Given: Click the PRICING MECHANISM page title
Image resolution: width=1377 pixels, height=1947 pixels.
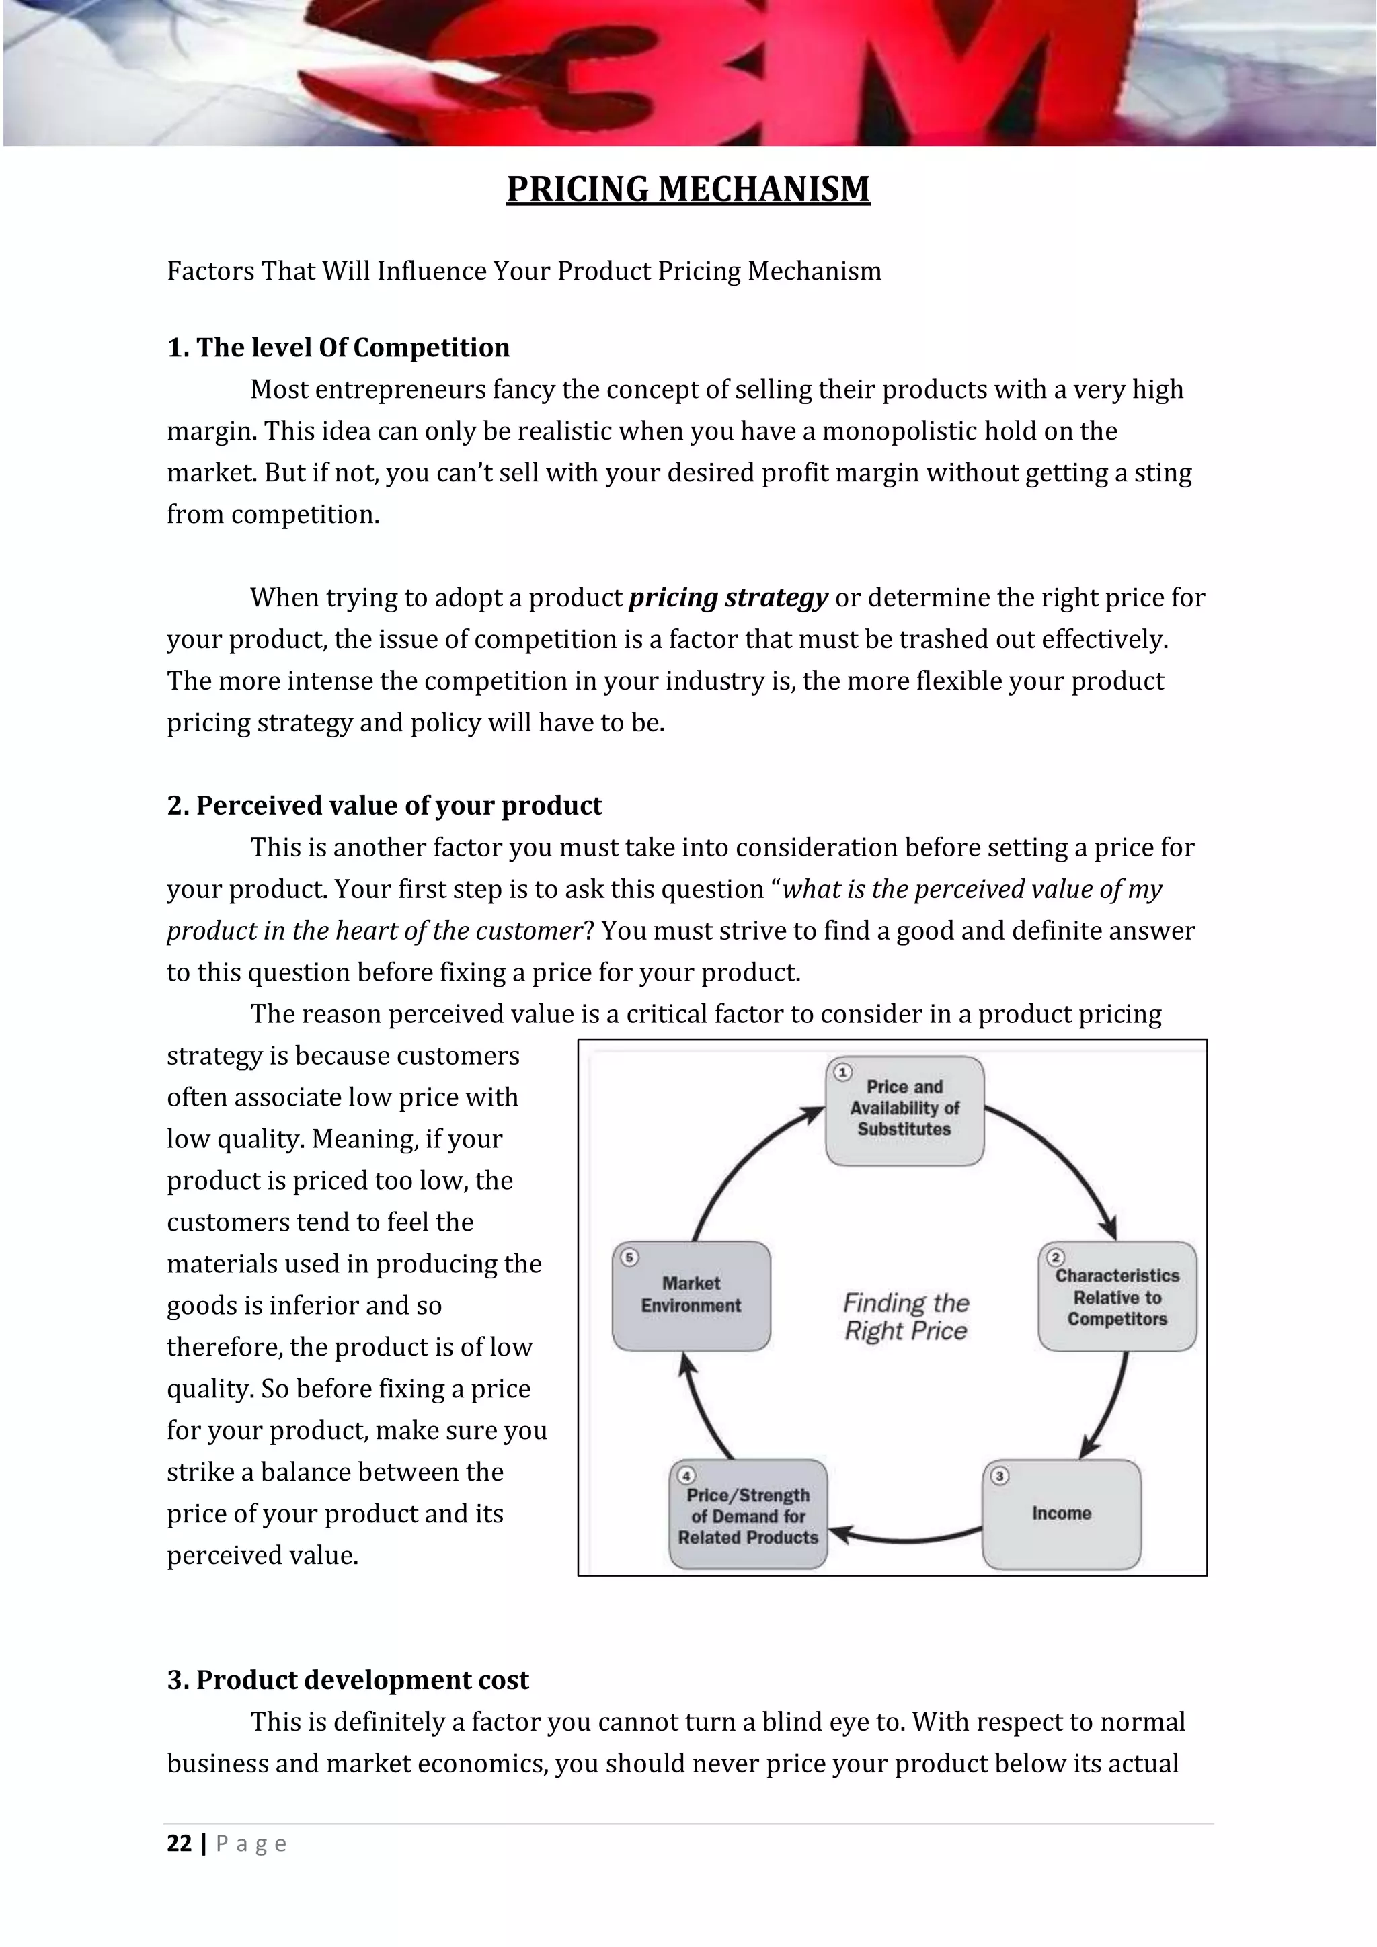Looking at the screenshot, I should coord(688,189).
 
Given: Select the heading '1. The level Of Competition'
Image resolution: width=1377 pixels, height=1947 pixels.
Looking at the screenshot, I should coord(338,347).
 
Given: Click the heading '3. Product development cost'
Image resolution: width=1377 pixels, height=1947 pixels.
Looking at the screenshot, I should coord(347,1680).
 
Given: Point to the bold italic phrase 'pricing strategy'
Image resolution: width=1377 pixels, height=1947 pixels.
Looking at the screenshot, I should coord(728,598).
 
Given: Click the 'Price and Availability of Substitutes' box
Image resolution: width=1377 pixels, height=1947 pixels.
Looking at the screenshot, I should coord(904,1111).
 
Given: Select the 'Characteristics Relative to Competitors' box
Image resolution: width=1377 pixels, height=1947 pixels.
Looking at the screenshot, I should coord(1117,1297).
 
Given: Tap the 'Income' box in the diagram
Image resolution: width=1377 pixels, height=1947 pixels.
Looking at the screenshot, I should coord(1062,1514).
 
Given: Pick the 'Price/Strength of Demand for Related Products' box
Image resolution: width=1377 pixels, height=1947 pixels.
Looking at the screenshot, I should coord(748,1516).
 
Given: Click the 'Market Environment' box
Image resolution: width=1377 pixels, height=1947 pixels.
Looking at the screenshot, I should coord(691,1296).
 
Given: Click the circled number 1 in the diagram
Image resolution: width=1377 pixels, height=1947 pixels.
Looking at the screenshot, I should coord(842,1073).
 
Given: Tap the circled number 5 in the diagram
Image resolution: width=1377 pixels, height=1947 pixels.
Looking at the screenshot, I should coord(629,1257).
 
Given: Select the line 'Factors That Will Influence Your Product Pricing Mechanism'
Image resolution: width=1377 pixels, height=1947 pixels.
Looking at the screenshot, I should coord(524,272).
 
